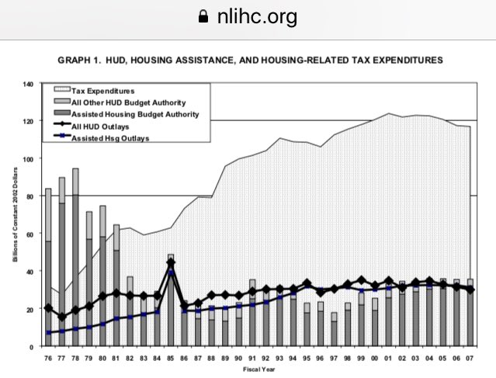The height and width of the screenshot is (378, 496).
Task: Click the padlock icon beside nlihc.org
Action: tap(204, 16)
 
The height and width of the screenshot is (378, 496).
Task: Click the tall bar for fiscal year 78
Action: tap(75, 256)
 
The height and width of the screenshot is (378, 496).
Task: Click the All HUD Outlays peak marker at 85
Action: tap(171, 263)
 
